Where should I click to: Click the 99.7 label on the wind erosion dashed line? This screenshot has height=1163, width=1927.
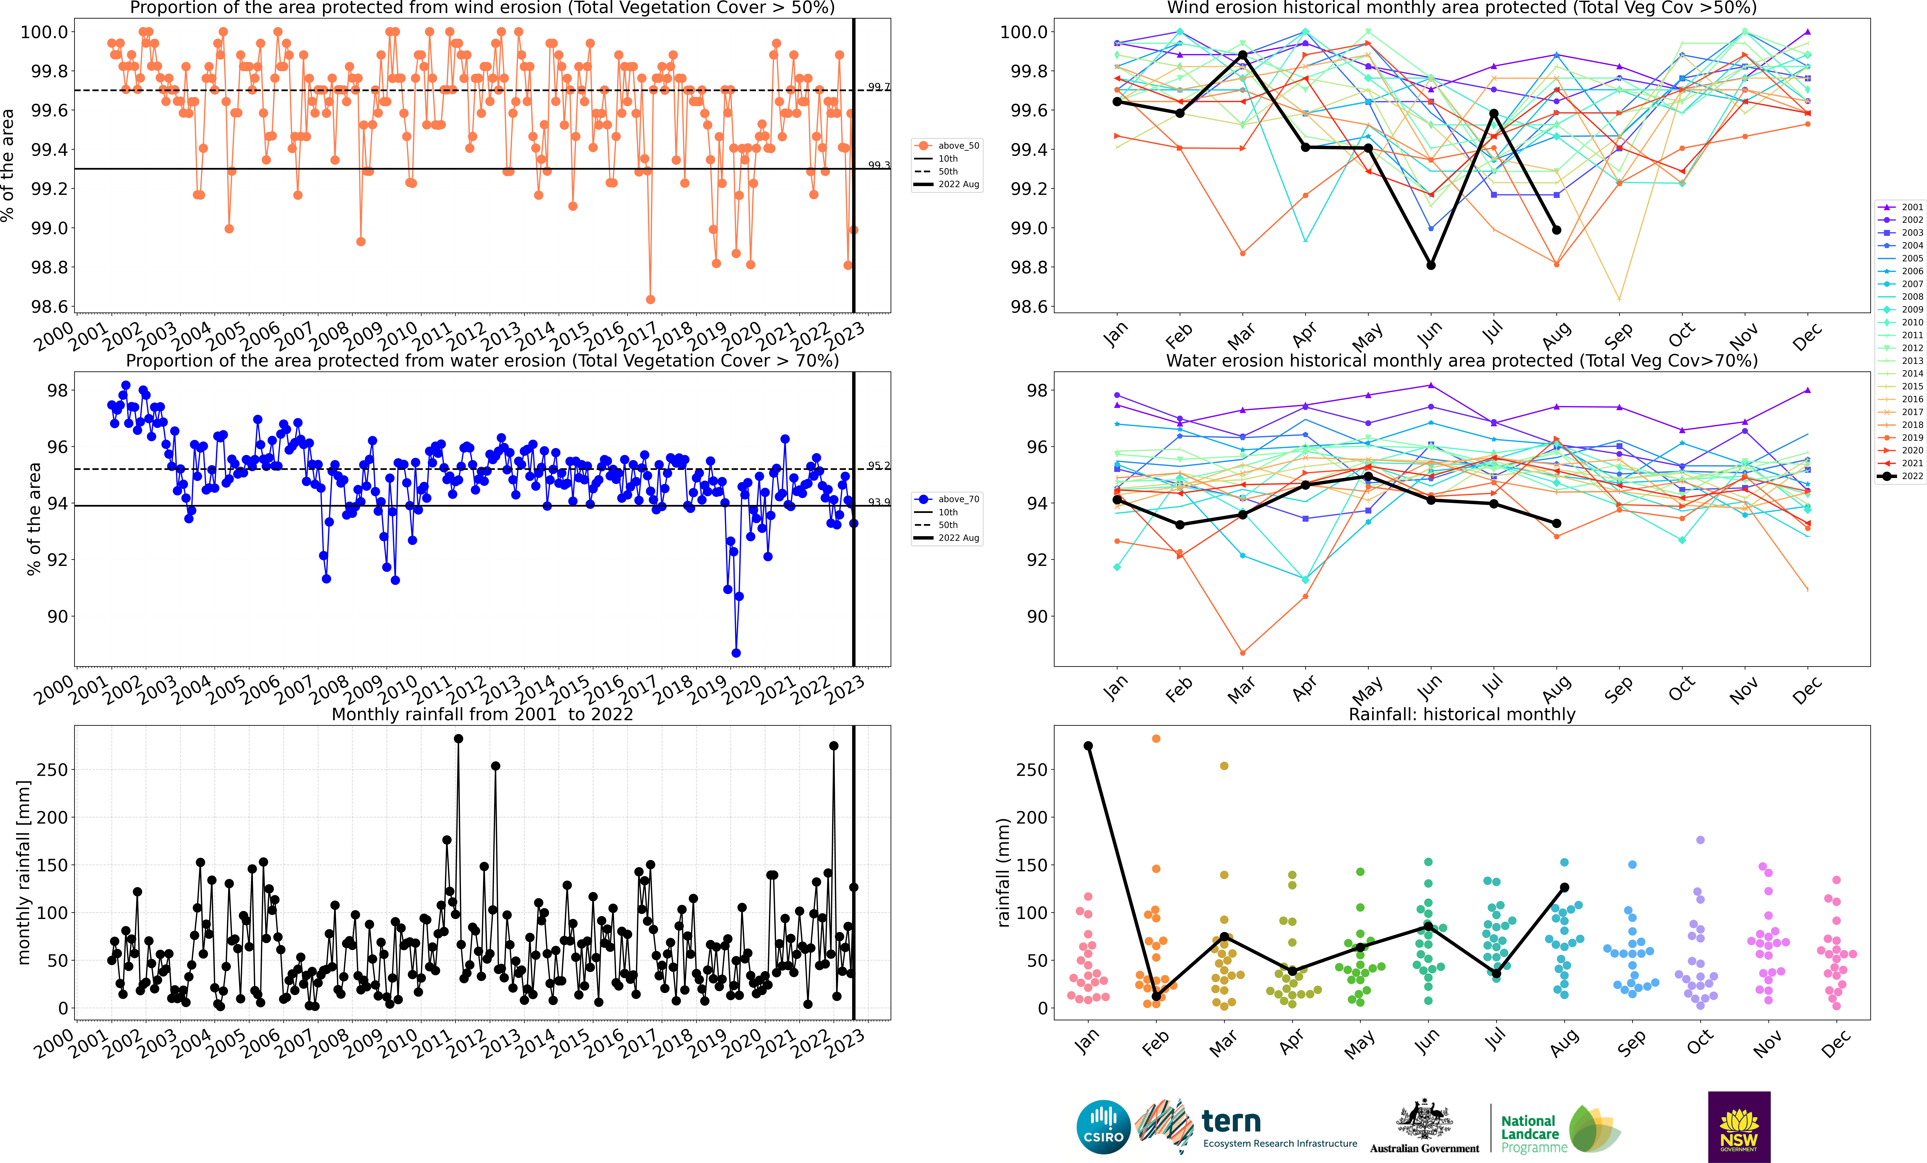click(878, 87)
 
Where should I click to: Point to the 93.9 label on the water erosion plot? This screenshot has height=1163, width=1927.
click(878, 502)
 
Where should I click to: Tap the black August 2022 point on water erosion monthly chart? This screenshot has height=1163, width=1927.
click(1556, 523)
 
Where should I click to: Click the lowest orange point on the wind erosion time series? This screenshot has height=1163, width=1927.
click(650, 299)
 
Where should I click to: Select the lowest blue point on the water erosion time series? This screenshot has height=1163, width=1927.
click(736, 653)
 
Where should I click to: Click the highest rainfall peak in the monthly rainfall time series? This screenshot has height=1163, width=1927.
click(458, 738)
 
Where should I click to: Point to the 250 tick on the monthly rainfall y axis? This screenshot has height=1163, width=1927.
click(52, 770)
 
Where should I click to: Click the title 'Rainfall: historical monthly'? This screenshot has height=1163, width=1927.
click(1462, 714)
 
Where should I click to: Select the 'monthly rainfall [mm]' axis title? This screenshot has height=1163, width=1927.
click(23, 872)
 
